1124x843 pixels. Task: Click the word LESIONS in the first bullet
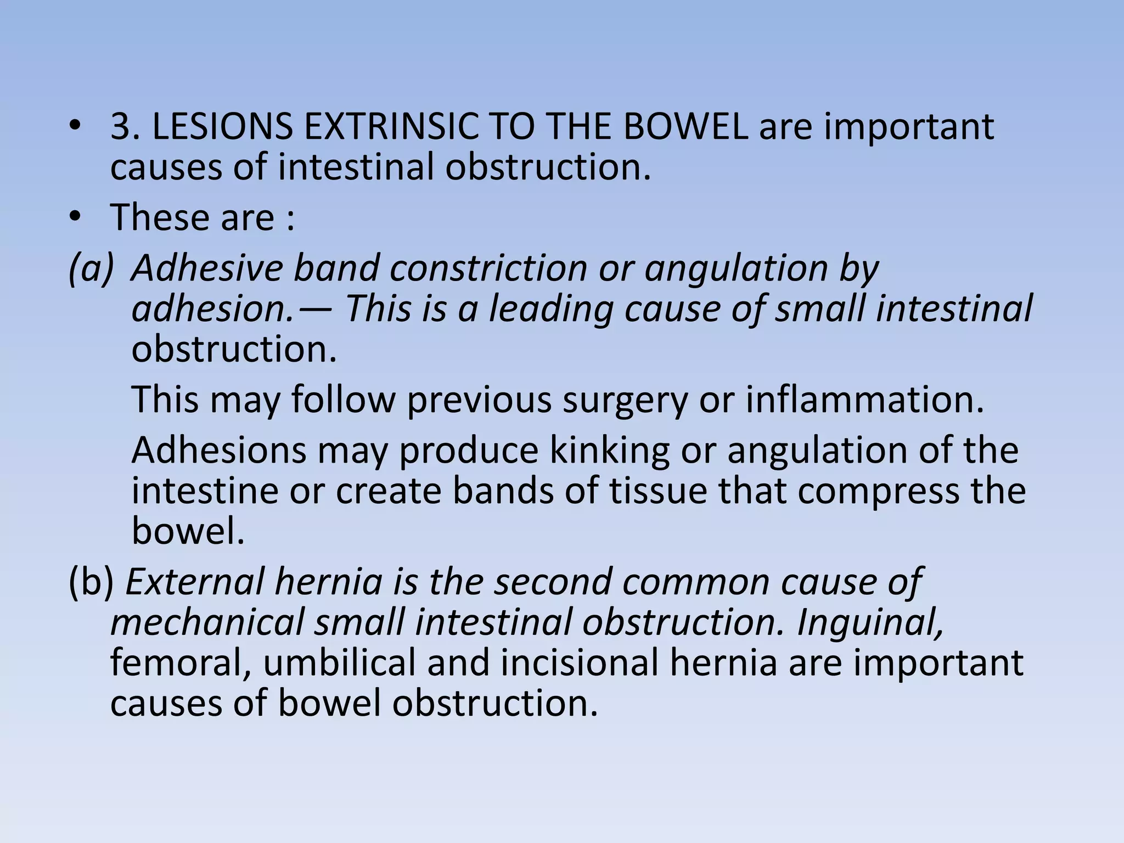[222, 127]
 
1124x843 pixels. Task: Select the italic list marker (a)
[91, 269]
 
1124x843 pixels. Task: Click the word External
[199, 582]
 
